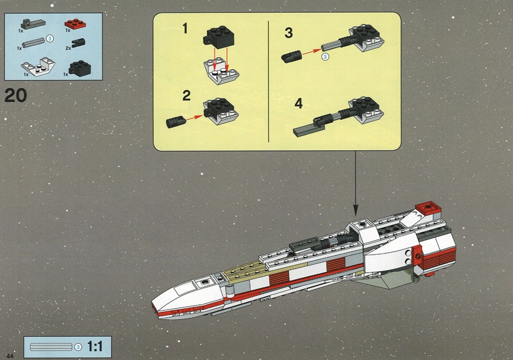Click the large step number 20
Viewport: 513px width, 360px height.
16,95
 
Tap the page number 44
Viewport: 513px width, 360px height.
10,356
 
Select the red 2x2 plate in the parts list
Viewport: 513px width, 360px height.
75,24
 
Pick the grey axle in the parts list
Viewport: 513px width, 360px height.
33,42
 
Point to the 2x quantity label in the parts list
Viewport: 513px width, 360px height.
68,48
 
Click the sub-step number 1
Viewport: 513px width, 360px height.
185,28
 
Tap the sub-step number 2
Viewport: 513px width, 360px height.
186,95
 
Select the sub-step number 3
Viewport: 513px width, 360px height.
288,33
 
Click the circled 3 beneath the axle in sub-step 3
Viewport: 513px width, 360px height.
325,56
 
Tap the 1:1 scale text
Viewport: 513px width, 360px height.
95,346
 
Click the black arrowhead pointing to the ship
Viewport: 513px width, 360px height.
356,210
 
